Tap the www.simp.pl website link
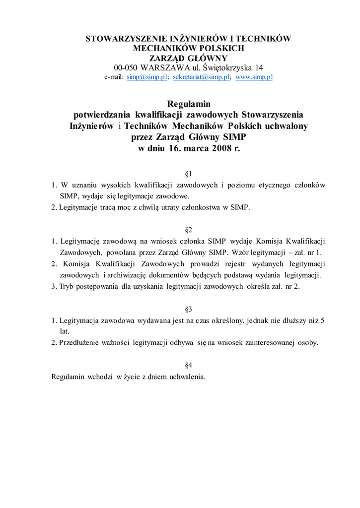[x=254, y=77]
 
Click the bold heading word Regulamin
[x=189, y=104]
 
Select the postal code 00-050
[x=126, y=67]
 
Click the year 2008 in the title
[x=219, y=148]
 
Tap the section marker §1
[x=189, y=174]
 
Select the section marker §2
[x=189, y=230]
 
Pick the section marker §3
[x=189, y=310]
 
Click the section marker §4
[x=189, y=366]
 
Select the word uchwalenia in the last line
[x=188, y=377]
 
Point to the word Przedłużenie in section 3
[x=80, y=343]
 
